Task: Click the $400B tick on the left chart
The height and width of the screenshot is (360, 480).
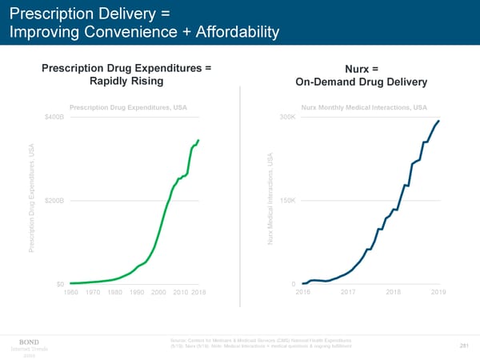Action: pos(55,118)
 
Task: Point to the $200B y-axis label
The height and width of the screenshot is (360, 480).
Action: pos(55,199)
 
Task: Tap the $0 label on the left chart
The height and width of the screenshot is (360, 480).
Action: pos(59,285)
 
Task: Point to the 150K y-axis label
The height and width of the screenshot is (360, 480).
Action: pos(288,199)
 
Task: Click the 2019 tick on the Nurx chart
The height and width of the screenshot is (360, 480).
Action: pos(438,293)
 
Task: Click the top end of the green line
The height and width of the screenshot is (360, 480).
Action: pos(198,140)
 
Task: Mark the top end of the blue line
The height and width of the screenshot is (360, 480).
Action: pos(439,121)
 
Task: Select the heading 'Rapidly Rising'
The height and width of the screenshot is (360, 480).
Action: pos(126,82)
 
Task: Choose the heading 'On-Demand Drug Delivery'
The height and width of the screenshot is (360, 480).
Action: pos(362,83)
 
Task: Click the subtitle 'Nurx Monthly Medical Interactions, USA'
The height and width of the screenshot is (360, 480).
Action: pos(364,107)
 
